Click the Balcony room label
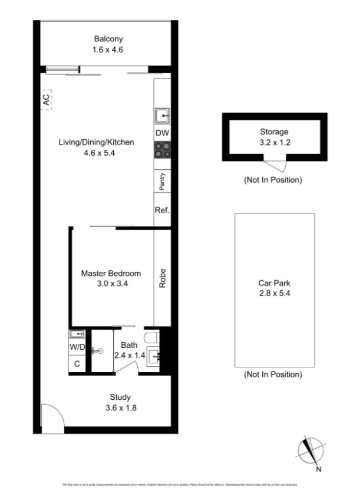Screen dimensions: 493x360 108,40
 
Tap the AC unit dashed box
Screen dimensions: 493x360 46,98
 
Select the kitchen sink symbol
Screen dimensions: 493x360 162,114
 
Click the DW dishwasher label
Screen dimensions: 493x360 162,133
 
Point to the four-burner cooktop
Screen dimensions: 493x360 162,150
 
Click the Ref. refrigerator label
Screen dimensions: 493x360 162,211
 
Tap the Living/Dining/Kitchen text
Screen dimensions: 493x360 97,142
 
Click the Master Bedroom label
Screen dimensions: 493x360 111,274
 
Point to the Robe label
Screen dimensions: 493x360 162,278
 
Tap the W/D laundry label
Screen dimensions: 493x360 77,347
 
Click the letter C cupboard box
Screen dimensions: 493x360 77,363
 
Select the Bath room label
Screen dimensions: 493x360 129,345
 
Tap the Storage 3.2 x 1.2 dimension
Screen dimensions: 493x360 274,142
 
